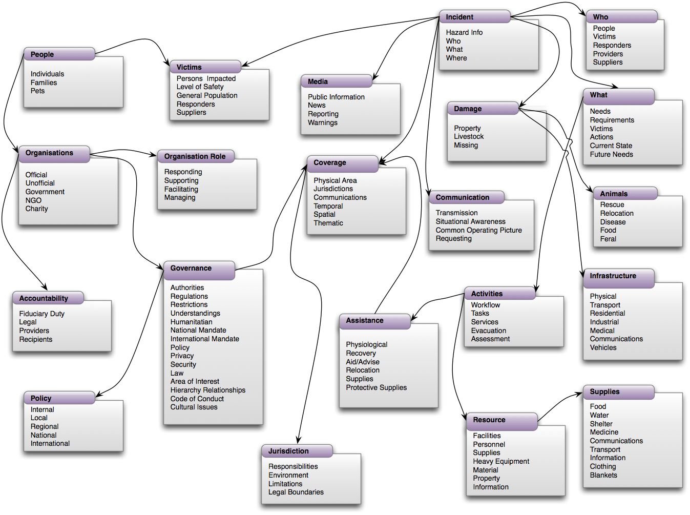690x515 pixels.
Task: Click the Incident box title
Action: (x=459, y=17)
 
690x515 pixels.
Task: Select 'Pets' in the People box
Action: (x=37, y=91)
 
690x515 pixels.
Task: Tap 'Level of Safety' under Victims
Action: (x=200, y=87)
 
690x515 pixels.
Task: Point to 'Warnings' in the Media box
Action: (x=322, y=122)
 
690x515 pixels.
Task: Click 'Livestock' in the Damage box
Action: (x=468, y=136)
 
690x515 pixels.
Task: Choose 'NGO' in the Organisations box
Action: (x=33, y=200)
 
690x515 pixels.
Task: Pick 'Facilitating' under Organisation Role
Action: (x=181, y=189)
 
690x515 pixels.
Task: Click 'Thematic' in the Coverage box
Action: (x=328, y=223)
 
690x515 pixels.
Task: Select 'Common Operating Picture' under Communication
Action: (x=478, y=230)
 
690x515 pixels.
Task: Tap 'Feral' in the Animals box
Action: (x=608, y=239)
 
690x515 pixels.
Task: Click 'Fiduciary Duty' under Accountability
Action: (x=41, y=314)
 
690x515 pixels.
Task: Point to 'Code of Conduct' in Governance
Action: (x=197, y=399)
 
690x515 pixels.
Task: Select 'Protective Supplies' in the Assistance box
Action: (x=376, y=387)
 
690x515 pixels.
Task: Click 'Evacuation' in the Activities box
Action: (x=488, y=331)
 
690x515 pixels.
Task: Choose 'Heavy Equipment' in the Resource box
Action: (x=500, y=461)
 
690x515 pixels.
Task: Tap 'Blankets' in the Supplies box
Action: (x=603, y=475)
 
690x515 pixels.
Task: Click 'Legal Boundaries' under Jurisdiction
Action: (x=296, y=492)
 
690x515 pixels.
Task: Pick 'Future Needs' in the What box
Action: (x=611, y=154)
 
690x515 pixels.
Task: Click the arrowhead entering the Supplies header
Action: (x=579, y=394)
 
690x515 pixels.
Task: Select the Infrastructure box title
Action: (x=613, y=276)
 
